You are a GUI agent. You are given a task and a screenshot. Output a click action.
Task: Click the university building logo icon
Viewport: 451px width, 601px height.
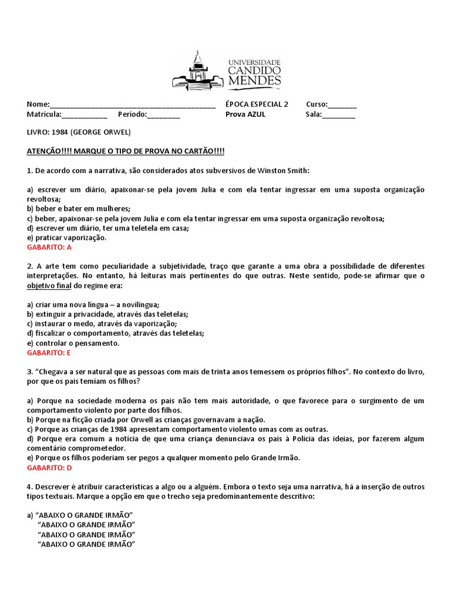pyautogui.click(x=197, y=71)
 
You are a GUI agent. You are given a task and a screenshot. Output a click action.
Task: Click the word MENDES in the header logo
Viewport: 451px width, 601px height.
pyautogui.click(x=254, y=80)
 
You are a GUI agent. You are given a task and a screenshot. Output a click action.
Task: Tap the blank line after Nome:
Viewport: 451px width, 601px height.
pyautogui.click(x=133, y=105)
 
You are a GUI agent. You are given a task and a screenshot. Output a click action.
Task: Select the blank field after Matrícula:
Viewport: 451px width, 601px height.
pyautogui.click(x=85, y=115)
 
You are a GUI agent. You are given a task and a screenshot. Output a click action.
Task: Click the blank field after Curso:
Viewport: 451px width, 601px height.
pyautogui.click(x=342, y=105)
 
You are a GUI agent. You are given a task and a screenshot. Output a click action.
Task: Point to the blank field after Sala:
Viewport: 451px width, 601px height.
pyautogui.click(x=338, y=115)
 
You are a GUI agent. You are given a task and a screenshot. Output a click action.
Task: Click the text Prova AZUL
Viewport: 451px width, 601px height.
pyautogui.click(x=245, y=114)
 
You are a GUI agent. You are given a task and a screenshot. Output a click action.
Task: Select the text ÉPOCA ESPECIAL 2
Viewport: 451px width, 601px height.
pyautogui.click(x=257, y=104)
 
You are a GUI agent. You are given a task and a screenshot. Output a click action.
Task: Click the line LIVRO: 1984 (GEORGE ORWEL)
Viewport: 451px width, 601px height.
pyautogui.click(x=79, y=132)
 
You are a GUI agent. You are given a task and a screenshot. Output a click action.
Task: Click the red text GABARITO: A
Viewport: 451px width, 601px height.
pyautogui.click(x=49, y=248)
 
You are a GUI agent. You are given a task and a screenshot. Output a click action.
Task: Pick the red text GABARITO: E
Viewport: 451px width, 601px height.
pyautogui.click(x=49, y=353)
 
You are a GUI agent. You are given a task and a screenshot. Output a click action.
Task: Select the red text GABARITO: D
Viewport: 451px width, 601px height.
pyautogui.click(x=49, y=468)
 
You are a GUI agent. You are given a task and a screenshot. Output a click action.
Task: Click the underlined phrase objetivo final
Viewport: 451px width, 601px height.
pyautogui.click(x=49, y=286)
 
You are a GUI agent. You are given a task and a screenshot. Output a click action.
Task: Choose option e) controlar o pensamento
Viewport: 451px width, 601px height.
pyautogui.click(x=73, y=343)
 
